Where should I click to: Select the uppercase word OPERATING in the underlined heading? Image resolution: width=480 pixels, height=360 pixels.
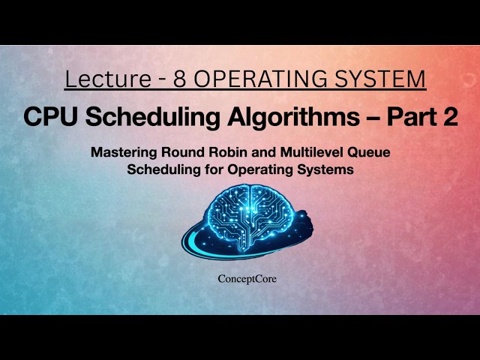(266, 79)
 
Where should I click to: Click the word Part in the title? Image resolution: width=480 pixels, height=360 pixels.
(406, 117)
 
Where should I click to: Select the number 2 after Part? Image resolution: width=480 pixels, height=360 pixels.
(448, 117)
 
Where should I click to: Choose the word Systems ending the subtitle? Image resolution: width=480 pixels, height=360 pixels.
(328, 169)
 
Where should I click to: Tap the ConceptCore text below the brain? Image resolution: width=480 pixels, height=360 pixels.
(240, 279)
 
